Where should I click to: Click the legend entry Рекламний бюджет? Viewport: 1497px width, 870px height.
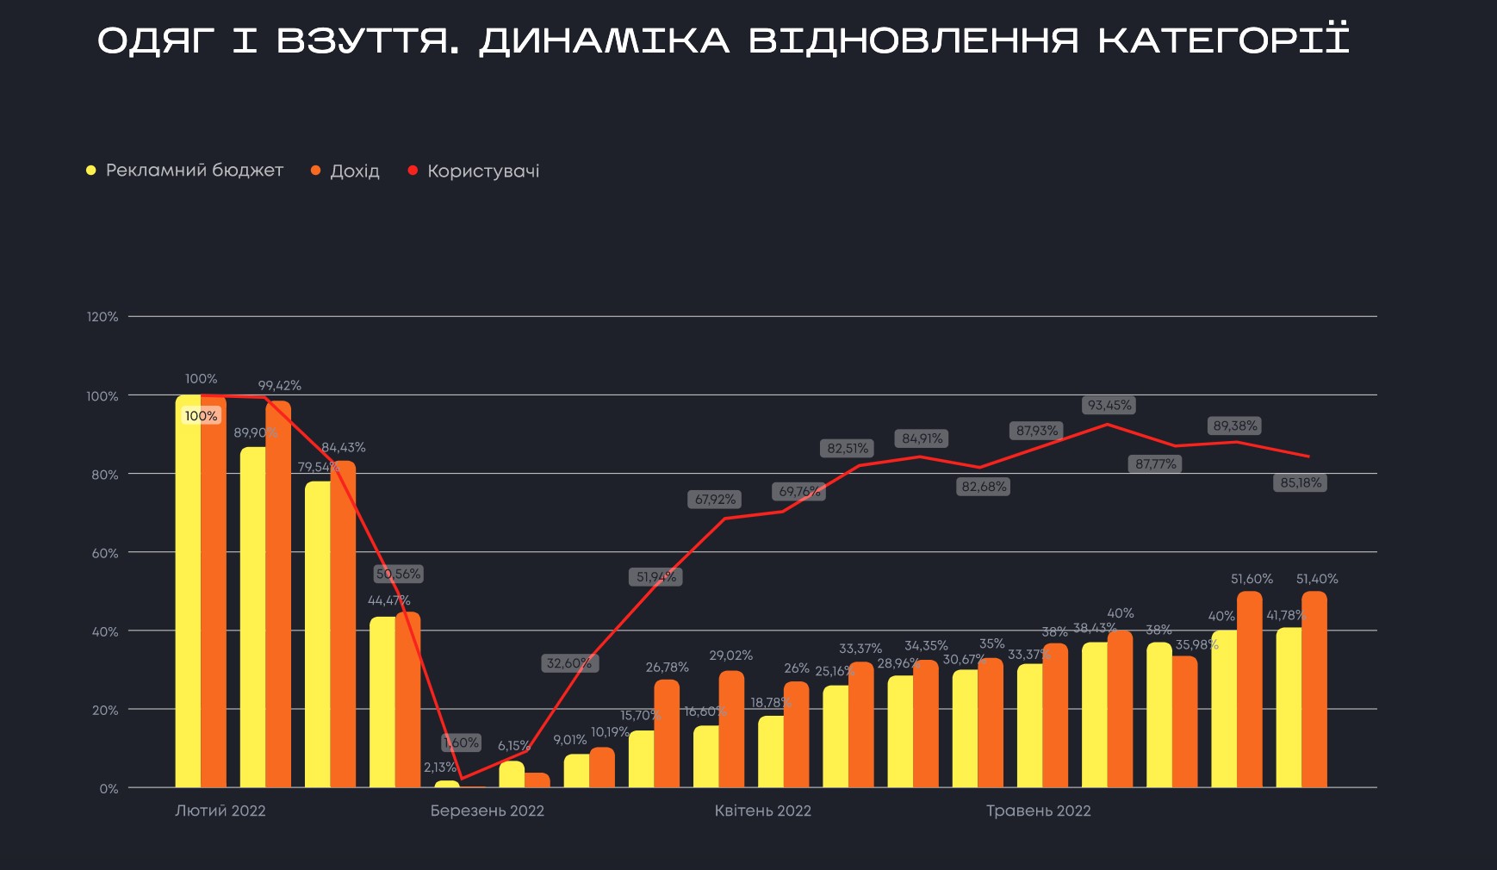click(x=194, y=171)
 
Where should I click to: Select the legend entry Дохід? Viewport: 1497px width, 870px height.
click(x=354, y=171)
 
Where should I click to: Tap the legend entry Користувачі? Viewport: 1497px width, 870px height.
click(x=482, y=171)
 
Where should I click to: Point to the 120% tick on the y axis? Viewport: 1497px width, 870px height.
click(x=102, y=317)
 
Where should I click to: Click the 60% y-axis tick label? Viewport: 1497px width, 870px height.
click(x=105, y=553)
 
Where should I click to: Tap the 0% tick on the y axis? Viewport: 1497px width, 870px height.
click(x=109, y=789)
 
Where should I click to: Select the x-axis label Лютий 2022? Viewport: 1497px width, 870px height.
click(x=221, y=811)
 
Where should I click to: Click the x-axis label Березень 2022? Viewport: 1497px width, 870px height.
click(x=488, y=811)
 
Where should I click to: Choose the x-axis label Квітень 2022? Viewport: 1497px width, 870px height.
click(x=763, y=811)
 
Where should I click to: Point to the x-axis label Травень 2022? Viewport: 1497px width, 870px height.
click(x=1039, y=811)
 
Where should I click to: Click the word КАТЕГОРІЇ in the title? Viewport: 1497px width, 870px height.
click(x=1223, y=40)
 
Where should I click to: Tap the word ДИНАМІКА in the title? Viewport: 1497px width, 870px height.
click(x=604, y=40)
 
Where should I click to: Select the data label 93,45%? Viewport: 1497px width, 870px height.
click(x=1109, y=405)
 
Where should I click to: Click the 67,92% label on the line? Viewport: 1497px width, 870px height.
click(x=716, y=500)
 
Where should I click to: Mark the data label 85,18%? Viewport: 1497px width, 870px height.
click(x=1301, y=482)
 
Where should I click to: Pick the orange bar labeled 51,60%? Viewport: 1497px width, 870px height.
click(x=1250, y=689)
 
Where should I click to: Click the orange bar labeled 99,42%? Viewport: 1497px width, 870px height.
click(x=278, y=594)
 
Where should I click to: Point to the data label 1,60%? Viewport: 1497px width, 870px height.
click(x=462, y=743)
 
